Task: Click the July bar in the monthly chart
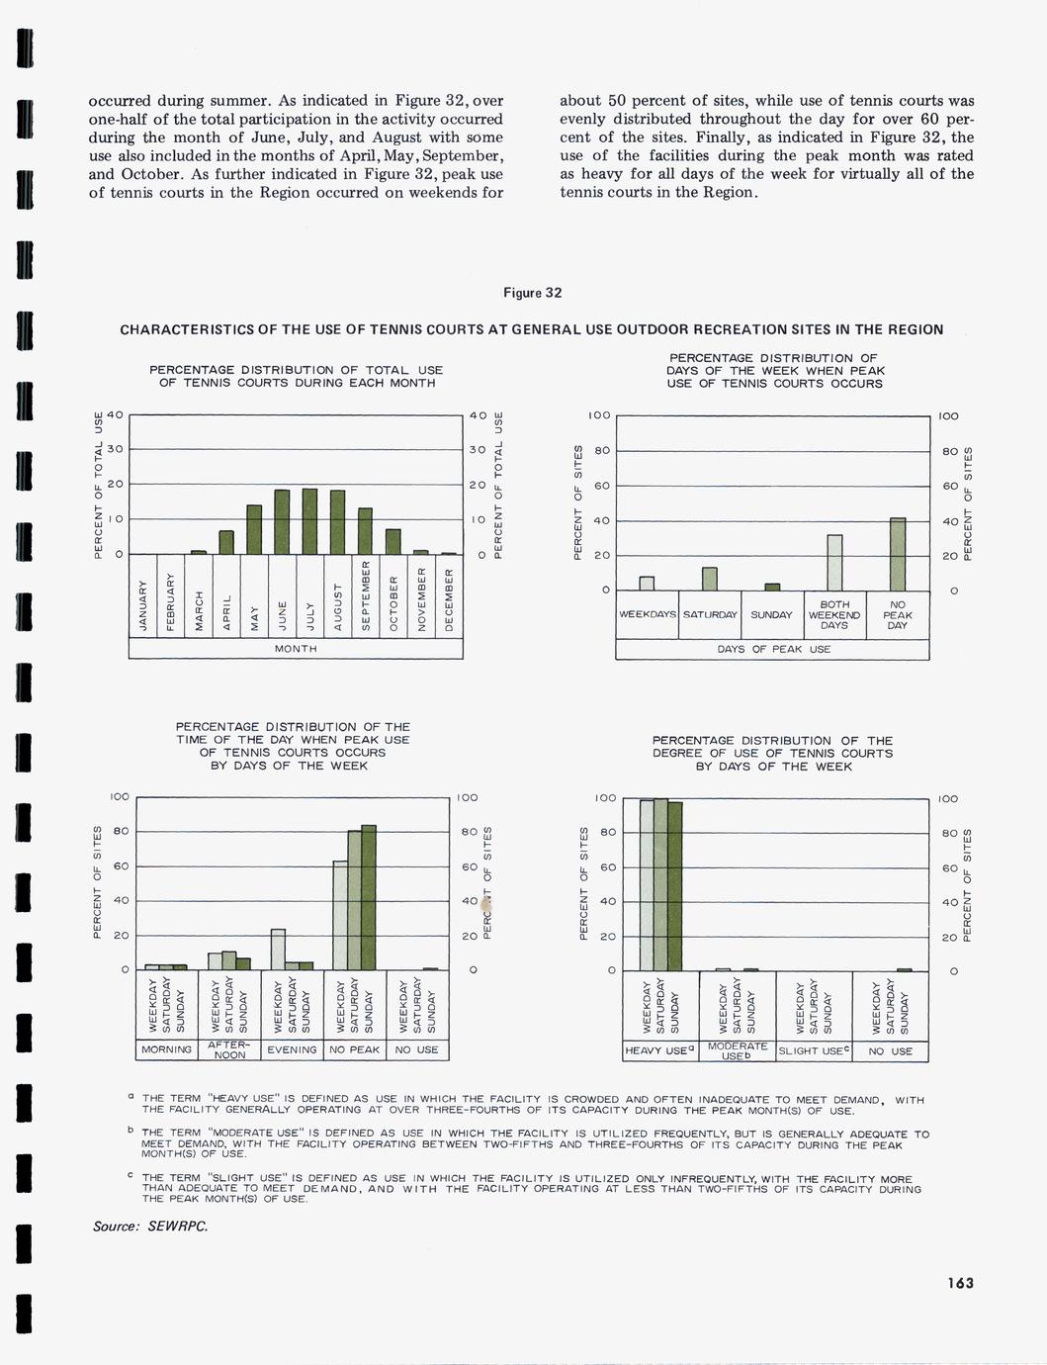coord(309,521)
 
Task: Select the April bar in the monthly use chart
coord(226,542)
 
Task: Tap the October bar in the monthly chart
coord(393,541)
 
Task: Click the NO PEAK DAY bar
coord(898,554)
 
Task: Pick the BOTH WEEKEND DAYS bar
coord(834,562)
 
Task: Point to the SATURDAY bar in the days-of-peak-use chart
coord(710,579)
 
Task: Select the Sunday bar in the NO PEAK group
coord(369,897)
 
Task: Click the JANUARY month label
coord(142,607)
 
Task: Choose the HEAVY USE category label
coord(659,1050)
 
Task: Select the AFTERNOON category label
coord(229,1049)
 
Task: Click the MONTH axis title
coord(296,649)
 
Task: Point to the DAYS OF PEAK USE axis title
coord(773,650)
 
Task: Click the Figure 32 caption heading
coord(532,293)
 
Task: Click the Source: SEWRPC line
coord(150,1227)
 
